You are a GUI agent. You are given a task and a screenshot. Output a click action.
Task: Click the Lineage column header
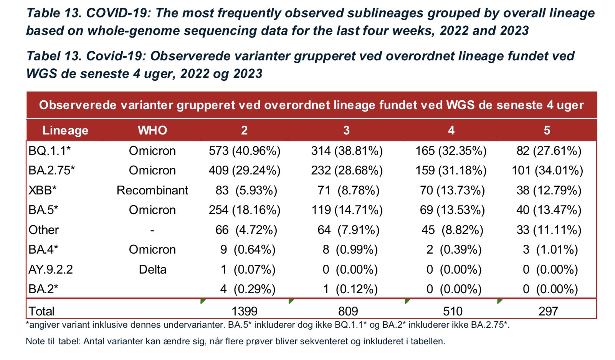[x=65, y=130]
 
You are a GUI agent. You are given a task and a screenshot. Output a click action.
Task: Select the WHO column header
[x=152, y=130]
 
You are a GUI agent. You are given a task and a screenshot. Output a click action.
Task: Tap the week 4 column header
[x=451, y=130]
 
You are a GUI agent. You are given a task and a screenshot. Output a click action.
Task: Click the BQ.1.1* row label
[x=50, y=151]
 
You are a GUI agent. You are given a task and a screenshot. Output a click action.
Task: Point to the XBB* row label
[x=42, y=190]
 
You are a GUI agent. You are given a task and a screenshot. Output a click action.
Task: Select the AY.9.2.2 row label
[x=51, y=269]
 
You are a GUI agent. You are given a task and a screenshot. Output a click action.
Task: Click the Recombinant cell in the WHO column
[x=152, y=190]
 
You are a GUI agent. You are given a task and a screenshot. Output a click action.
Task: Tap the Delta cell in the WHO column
[x=152, y=269]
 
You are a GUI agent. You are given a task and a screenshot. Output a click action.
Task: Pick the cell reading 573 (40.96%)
[x=245, y=151]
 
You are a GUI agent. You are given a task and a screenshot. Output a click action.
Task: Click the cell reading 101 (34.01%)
[x=547, y=170]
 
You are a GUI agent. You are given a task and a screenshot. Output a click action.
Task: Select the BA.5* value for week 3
[x=347, y=210]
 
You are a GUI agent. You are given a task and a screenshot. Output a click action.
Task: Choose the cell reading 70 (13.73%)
[x=452, y=190]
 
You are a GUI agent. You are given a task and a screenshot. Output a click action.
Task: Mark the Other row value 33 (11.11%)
[x=549, y=230]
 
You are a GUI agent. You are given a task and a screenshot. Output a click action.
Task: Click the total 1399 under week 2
[x=245, y=311]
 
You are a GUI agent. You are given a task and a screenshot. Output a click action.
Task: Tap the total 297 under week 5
[x=548, y=311]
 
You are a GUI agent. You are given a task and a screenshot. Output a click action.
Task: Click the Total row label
[x=41, y=311]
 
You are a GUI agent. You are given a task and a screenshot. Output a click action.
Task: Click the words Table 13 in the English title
[x=54, y=13]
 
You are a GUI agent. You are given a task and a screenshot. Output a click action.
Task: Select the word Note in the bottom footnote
[x=34, y=341]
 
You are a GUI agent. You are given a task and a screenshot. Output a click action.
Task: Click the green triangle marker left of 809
[x=291, y=301]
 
